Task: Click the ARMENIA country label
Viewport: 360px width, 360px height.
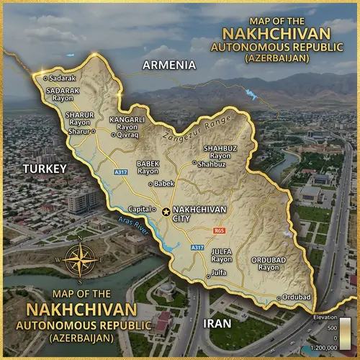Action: click(169, 65)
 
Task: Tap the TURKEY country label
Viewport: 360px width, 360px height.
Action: click(45, 168)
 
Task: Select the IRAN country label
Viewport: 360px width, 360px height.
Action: click(217, 323)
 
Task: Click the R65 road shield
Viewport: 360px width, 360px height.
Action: click(220, 230)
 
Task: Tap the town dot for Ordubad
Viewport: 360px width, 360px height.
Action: click(279, 297)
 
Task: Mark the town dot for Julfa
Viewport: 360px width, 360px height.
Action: click(208, 274)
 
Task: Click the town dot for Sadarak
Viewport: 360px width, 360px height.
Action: click(46, 76)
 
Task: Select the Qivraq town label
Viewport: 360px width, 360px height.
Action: click(127, 134)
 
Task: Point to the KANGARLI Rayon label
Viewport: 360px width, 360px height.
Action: click(127, 122)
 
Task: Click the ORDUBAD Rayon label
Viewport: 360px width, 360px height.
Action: click(269, 263)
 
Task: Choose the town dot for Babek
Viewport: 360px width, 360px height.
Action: click(150, 184)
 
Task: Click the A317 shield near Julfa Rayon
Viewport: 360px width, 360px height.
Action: click(197, 248)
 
